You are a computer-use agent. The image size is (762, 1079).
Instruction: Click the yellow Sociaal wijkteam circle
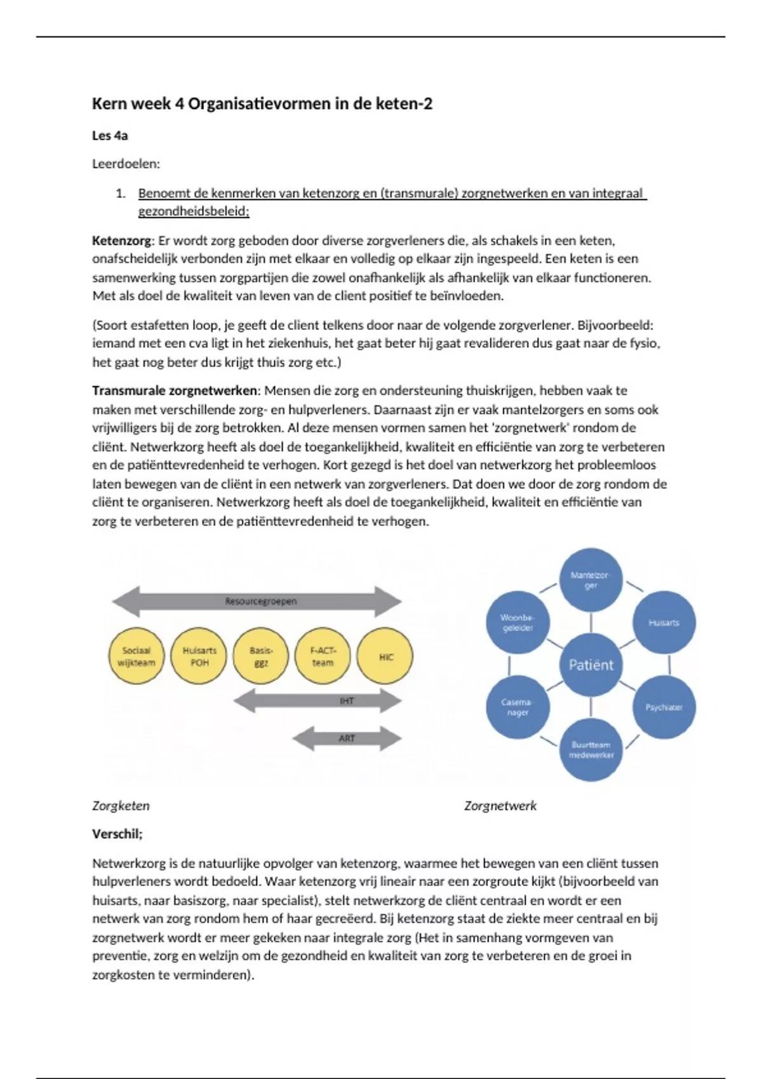pos(136,656)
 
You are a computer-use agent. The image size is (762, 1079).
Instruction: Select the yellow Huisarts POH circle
pos(199,656)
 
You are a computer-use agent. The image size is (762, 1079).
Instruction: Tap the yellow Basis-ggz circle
pos(261,656)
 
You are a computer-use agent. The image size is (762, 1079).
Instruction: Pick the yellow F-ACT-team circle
pos(323,656)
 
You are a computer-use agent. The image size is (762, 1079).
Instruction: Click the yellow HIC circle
pos(385,656)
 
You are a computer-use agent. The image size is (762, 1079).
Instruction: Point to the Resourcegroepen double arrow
pos(257,601)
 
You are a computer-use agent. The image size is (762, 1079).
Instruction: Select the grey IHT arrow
pos(317,701)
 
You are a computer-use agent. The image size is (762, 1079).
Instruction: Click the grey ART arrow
pos(347,738)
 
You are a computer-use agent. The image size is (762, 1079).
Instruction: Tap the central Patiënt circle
pos(591,665)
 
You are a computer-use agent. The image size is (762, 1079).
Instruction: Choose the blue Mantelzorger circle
pos(591,579)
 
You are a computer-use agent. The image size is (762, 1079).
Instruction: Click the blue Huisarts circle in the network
pos(664,623)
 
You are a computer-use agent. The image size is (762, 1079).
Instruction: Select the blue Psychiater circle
pos(664,707)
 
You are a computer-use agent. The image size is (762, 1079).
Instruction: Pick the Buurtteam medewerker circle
pos(591,750)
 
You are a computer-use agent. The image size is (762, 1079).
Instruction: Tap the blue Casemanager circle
pos(518,707)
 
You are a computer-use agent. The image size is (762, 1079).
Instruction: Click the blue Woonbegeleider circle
pos(518,623)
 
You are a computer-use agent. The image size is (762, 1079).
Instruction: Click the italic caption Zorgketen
pos(121,805)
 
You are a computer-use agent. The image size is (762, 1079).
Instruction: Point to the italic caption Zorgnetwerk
pos(500,805)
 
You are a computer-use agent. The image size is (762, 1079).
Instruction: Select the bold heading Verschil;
pos(117,834)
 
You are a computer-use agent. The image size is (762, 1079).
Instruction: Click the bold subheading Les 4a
pos(110,135)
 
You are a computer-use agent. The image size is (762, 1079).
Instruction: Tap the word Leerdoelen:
pos(126,164)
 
